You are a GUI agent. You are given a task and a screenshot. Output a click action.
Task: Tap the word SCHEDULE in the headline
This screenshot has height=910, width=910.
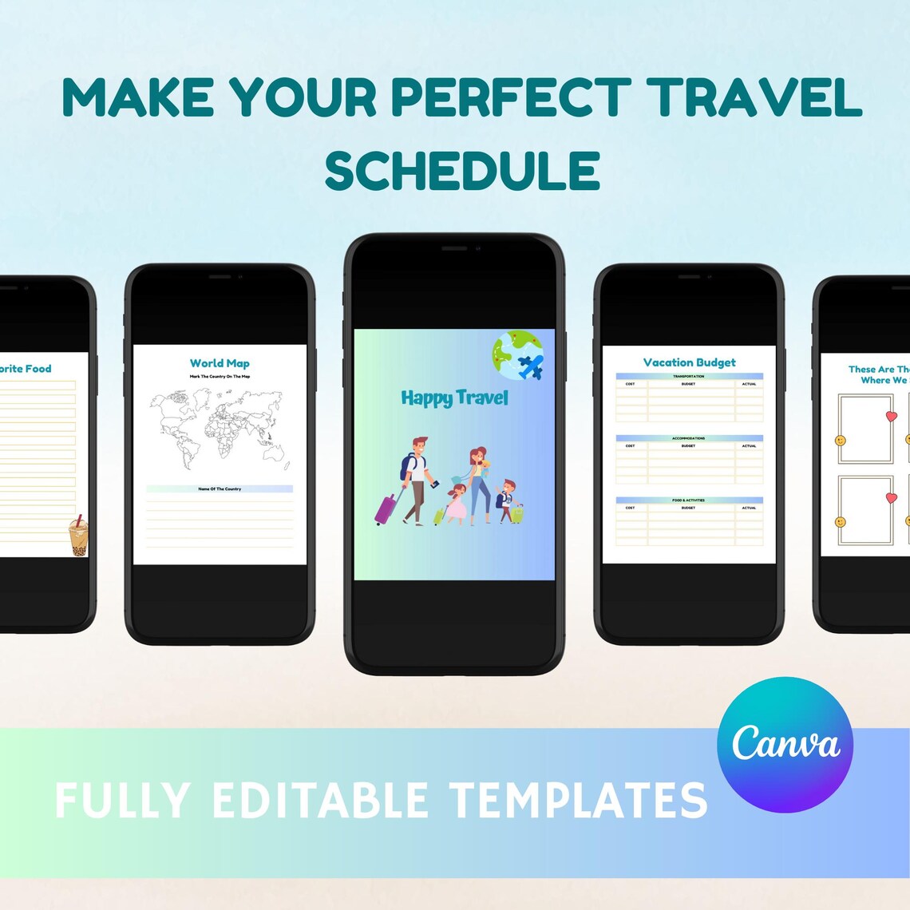tap(462, 170)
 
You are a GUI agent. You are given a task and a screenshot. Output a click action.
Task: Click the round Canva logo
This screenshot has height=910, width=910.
tap(785, 745)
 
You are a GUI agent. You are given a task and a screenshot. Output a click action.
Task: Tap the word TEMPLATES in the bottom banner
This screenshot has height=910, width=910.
tap(578, 800)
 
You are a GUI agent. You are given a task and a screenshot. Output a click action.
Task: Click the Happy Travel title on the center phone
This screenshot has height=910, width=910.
tap(454, 398)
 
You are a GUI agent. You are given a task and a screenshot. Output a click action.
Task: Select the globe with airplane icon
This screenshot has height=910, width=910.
tap(518, 356)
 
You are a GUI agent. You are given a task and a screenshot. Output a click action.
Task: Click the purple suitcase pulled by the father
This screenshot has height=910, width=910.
tap(386, 508)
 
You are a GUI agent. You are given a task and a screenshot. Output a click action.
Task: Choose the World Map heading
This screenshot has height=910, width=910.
tap(220, 363)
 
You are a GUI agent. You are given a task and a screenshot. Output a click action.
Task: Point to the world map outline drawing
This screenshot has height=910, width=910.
tap(220, 429)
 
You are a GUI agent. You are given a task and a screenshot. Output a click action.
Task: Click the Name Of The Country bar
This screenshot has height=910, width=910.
tap(220, 489)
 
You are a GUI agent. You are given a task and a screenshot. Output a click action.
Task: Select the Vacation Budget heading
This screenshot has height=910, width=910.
tap(690, 362)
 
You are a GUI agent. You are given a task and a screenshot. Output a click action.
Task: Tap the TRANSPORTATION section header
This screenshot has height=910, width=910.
tap(689, 376)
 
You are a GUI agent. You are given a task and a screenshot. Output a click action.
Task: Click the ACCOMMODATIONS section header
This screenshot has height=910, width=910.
tap(689, 438)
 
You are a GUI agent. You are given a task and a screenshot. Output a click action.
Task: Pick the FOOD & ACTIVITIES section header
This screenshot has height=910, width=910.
tap(689, 500)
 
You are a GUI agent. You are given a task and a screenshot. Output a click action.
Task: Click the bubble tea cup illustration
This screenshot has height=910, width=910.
tap(78, 536)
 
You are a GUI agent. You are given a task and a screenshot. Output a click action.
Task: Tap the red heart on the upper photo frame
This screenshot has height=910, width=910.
tap(892, 417)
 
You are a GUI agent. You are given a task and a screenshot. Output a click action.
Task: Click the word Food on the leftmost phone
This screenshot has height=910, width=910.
tap(38, 369)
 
